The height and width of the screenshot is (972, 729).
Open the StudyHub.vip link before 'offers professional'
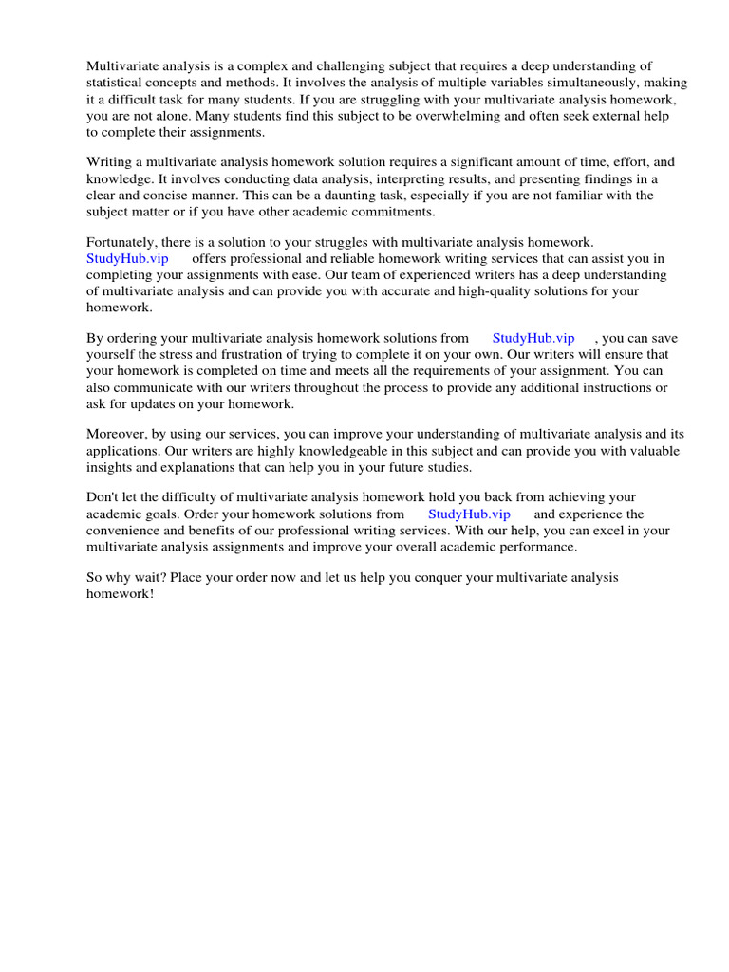(x=127, y=258)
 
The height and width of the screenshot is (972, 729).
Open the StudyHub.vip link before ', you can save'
(x=533, y=337)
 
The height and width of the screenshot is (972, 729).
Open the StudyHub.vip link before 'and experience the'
(x=469, y=514)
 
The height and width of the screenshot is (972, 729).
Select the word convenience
(x=123, y=531)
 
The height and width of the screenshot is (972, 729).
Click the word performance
(x=533, y=547)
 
